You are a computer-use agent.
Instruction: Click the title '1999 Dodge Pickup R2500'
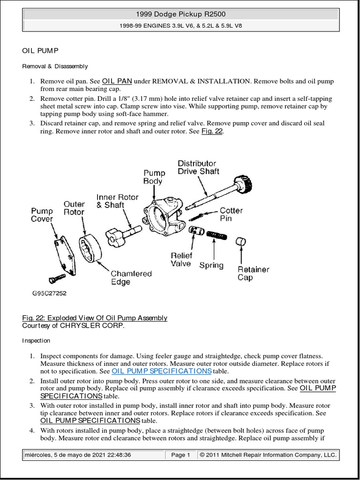pos(180,15)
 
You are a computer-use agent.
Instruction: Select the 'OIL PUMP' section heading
pos(40,50)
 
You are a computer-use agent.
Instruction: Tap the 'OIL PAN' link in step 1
pos(117,81)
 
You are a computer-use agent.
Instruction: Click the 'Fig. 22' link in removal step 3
pos(212,131)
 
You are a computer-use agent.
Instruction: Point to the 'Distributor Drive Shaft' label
pos(198,167)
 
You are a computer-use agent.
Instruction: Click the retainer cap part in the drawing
pos(241,243)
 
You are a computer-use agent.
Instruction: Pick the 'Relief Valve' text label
pos(181,260)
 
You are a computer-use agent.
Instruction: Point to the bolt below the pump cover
pos(57,278)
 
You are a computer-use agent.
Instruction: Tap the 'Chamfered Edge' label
pos(131,277)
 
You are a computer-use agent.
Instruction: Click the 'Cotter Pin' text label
pos(231,214)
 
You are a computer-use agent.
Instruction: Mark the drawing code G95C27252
pos(49,293)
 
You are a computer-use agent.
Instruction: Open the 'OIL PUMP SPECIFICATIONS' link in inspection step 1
pos(161,371)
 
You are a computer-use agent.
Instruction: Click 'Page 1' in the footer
pos(180,455)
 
